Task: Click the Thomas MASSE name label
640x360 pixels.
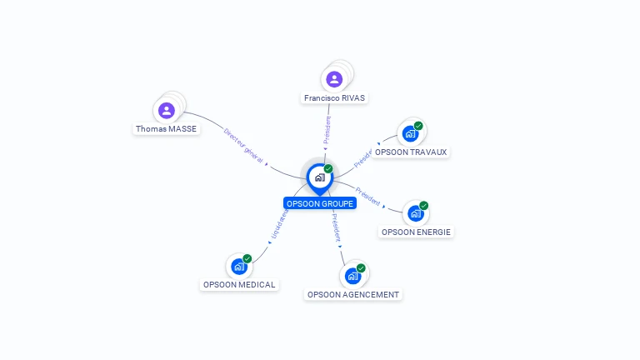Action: (x=167, y=129)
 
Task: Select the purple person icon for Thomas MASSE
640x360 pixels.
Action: (x=167, y=110)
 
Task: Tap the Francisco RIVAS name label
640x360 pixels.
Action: (x=334, y=97)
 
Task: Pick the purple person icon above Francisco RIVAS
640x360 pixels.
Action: (x=334, y=79)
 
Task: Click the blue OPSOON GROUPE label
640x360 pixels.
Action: (x=320, y=203)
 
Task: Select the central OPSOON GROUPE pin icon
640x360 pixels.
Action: (x=319, y=177)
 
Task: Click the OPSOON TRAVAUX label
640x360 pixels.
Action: (x=411, y=152)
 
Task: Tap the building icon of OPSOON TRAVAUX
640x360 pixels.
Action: (x=409, y=133)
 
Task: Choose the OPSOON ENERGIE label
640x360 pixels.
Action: (x=417, y=232)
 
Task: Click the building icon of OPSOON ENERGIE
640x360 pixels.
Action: (x=415, y=213)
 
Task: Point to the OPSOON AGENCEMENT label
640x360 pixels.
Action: (x=353, y=294)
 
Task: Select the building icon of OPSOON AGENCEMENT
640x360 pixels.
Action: (x=352, y=275)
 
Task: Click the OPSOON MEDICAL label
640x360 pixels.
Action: (x=239, y=284)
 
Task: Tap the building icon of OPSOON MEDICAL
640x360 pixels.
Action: (x=238, y=267)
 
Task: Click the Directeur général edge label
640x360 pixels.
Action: (x=245, y=146)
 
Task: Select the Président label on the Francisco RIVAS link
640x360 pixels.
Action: (x=327, y=131)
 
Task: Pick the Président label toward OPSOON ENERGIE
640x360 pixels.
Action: (x=367, y=197)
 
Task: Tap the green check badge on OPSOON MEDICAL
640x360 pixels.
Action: (x=247, y=258)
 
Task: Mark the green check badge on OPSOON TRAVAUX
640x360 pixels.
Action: (x=418, y=126)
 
